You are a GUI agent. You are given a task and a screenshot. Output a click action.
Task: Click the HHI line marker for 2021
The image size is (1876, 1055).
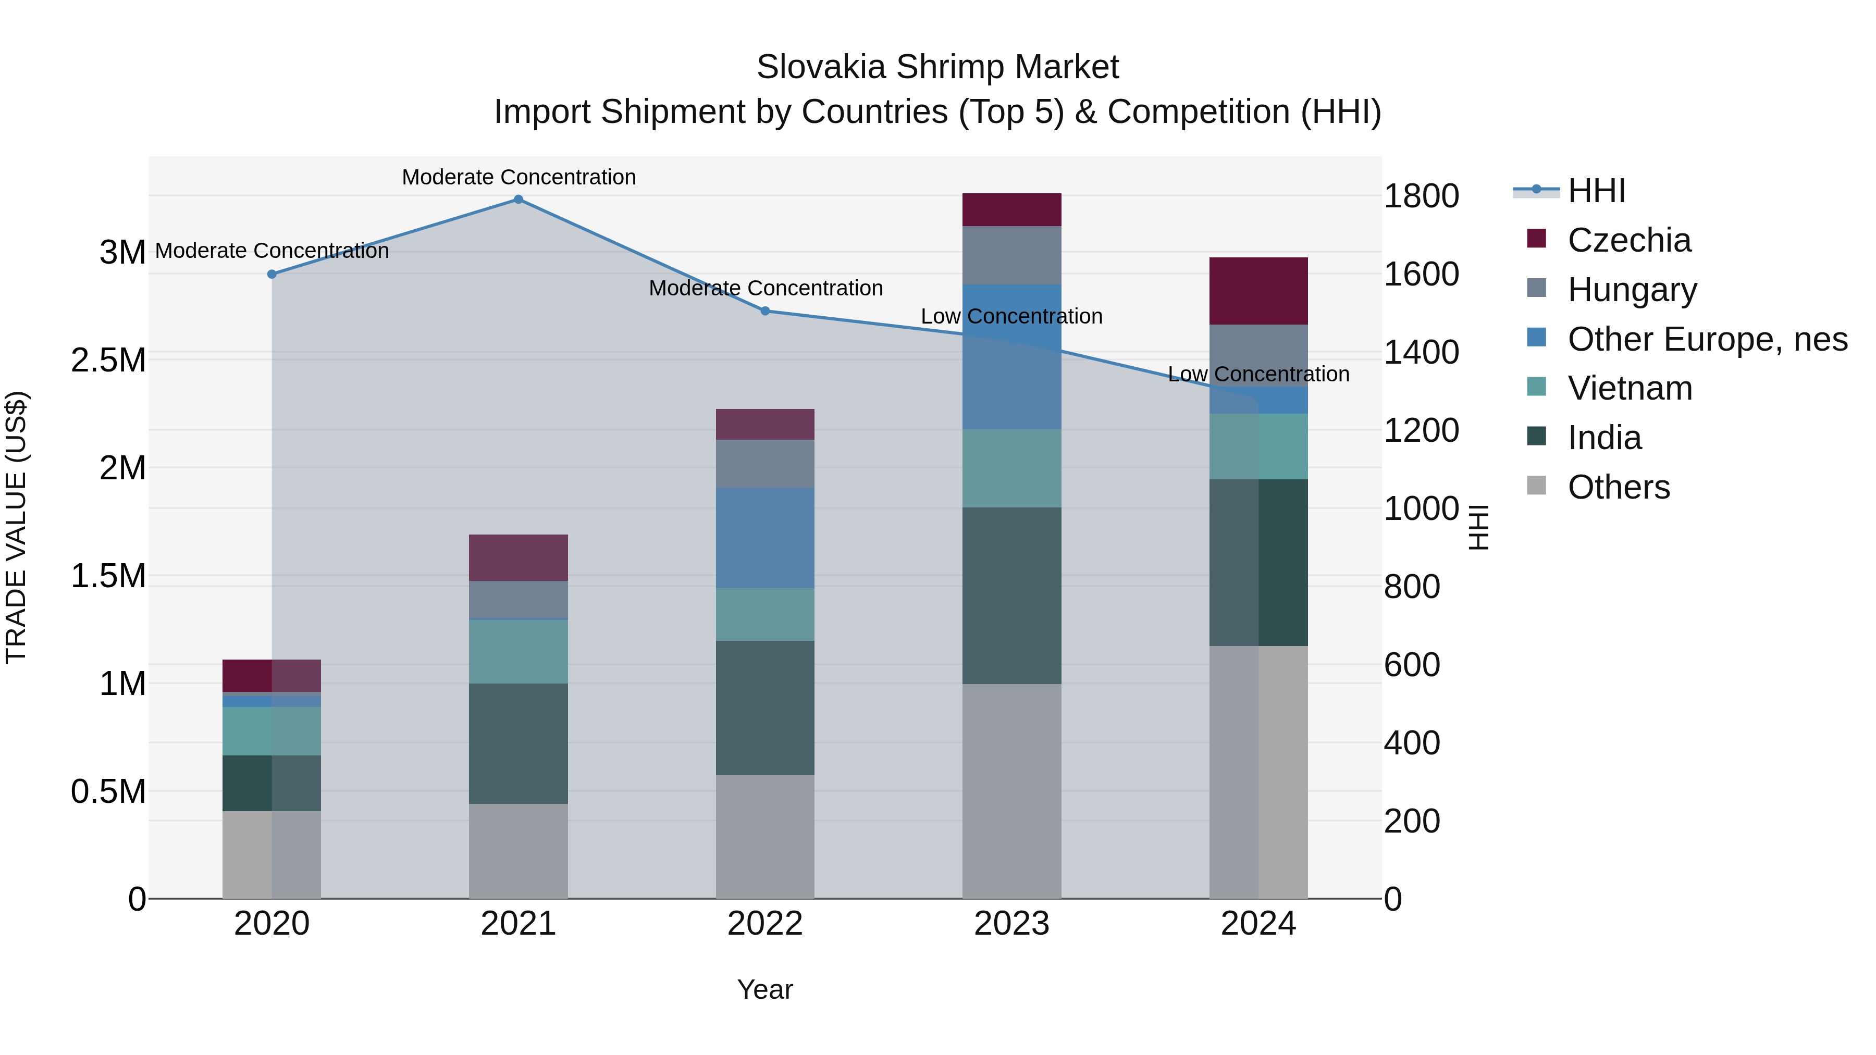[518, 200]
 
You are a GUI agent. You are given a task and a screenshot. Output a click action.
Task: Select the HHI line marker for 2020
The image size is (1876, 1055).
[271, 275]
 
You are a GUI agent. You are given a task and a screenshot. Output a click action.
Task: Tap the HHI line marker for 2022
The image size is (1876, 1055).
[764, 311]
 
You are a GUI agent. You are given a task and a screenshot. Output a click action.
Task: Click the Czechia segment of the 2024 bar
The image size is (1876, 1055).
[1258, 291]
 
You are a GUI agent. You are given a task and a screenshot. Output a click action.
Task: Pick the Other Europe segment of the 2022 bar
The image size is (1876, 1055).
[764, 537]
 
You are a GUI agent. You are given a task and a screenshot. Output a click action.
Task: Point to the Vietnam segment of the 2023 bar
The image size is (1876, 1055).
[1011, 468]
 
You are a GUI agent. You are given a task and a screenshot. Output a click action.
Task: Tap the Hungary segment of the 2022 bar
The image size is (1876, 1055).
[764, 463]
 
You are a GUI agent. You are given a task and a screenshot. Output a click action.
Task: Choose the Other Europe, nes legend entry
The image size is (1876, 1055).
[1706, 339]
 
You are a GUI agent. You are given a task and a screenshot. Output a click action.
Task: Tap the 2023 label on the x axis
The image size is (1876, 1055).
[1011, 924]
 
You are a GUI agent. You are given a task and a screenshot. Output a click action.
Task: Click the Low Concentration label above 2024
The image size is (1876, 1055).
[1258, 374]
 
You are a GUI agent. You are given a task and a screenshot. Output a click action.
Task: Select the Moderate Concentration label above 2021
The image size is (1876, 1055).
[519, 177]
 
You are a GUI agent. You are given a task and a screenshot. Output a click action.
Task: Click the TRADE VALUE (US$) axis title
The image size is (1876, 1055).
[16, 527]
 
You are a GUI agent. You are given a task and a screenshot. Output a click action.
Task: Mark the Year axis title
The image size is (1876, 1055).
[764, 989]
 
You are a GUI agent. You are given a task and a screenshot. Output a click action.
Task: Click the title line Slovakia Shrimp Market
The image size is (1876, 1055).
[937, 67]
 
